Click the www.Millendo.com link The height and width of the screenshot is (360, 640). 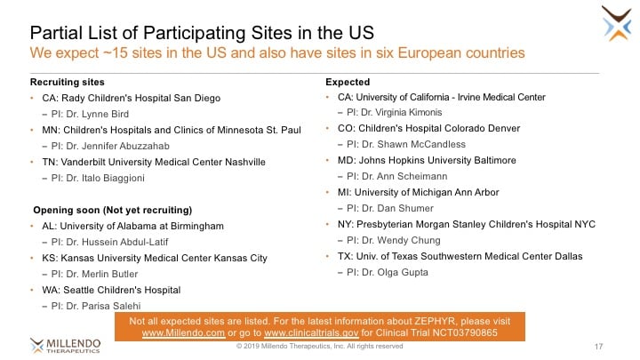tap(183, 333)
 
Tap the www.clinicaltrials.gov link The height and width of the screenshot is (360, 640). tap(311, 333)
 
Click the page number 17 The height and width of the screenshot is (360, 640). tap(598, 347)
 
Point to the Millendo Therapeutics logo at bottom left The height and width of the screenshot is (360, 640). tap(65, 345)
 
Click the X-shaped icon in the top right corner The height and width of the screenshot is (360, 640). tap(617, 23)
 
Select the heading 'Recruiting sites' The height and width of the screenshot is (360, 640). tap(68, 82)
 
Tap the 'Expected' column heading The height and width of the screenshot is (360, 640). tap(348, 82)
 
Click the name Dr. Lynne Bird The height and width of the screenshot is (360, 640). tap(98, 114)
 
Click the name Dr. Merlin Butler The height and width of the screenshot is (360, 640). tap(102, 274)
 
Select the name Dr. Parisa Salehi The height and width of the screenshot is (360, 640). tap(103, 306)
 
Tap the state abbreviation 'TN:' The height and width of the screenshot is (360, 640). tap(50, 162)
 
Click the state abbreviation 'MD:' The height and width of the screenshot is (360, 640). tap(347, 160)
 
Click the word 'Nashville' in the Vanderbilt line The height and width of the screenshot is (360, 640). tap(245, 162)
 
